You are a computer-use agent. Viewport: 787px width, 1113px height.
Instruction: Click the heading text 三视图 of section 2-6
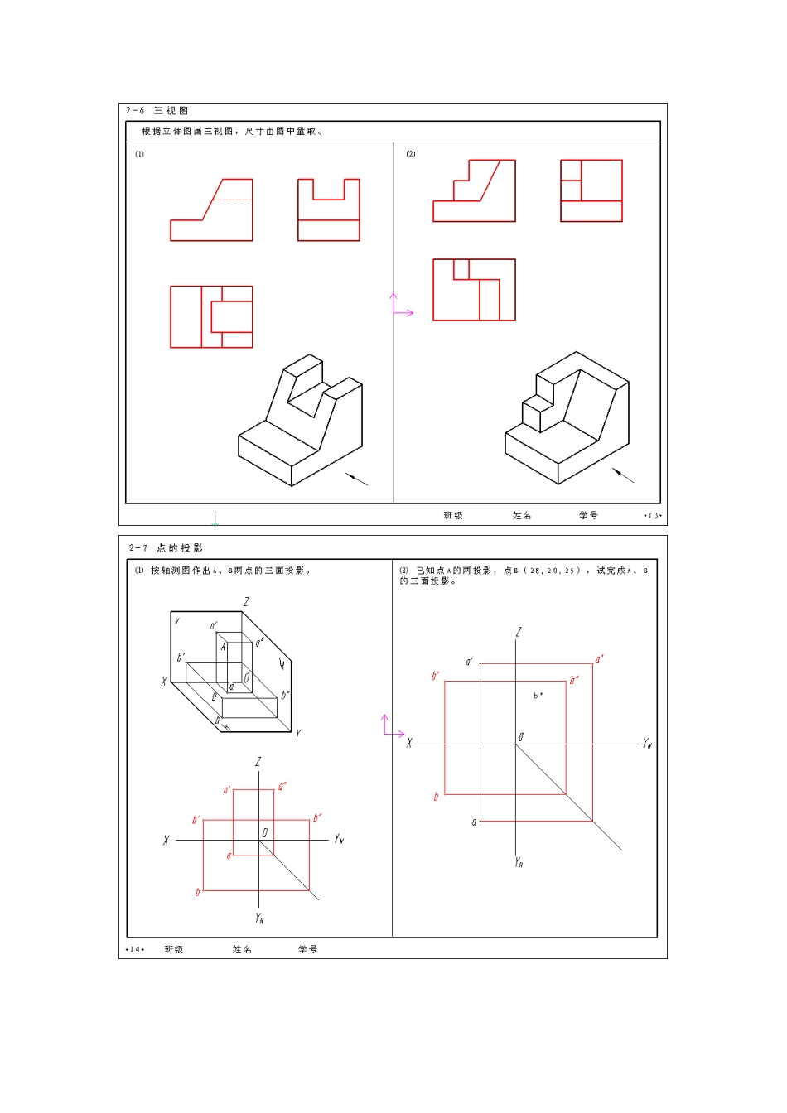(x=171, y=110)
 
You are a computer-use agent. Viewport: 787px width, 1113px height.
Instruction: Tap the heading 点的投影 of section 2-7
(x=179, y=548)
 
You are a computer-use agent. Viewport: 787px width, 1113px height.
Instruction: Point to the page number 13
(x=653, y=516)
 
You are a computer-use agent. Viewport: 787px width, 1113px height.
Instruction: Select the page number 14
(x=134, y=949)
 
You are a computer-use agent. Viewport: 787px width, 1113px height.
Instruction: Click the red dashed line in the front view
(x=233, y=200)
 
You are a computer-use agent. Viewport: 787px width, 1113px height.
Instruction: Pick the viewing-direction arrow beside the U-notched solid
(x=356, y=479)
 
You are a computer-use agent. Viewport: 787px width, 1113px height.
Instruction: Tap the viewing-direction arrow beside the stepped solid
(x=623, y=475)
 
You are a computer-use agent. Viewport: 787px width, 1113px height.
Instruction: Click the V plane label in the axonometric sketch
(x=176, y=621)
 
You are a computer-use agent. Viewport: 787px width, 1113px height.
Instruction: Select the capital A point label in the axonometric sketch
(x=223, y=647)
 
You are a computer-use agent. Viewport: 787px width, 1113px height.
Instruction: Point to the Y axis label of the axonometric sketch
(x=298, y=734)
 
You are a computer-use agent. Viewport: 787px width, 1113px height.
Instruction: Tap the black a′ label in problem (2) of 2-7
(x=469, y=662)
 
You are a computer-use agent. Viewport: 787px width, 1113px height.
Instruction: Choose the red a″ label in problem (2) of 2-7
(x=599, y=659)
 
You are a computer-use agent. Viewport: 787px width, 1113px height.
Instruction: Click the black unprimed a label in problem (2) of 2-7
(x=474, y=821)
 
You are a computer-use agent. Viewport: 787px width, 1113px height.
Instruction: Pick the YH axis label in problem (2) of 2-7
(x=519, y=862)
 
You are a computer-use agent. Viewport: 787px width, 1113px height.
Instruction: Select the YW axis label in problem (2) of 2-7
(x=647, y=744)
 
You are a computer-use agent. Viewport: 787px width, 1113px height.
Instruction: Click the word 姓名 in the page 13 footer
(x=522, y=516)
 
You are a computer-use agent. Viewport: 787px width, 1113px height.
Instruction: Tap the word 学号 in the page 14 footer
(x=307, y=949)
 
